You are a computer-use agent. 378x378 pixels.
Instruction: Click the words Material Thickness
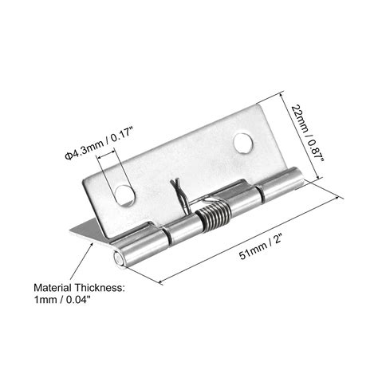click(x=79, y=288)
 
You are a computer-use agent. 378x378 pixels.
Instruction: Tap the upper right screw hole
click(x=243, y=144)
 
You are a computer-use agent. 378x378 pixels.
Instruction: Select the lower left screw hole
click(x=125, y=195)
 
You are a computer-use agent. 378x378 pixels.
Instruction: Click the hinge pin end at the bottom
click(x=118, y=259)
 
